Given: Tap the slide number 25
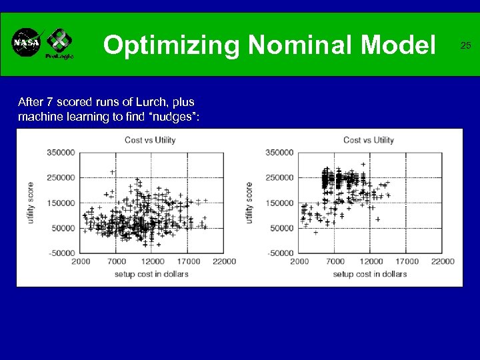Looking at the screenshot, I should coord(465,45).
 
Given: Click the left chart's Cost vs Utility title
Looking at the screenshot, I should coord(150,139).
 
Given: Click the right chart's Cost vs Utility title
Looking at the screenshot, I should coord(368,139).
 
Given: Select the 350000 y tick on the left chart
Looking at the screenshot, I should coord(61,152).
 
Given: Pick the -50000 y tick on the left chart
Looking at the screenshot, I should coord(61,253).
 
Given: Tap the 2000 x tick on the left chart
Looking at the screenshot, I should coord(81,261).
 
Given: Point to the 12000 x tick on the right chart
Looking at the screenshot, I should coord(371,261).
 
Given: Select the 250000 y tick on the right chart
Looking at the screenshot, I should coord(279,177).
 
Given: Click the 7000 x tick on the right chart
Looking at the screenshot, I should coord(335,261).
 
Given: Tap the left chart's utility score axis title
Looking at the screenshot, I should coord(31,203).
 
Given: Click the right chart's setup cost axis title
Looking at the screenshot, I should coord(369,274).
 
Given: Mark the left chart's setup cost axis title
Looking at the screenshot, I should coord(151,274).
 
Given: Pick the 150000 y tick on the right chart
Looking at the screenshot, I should coord(279,203).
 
